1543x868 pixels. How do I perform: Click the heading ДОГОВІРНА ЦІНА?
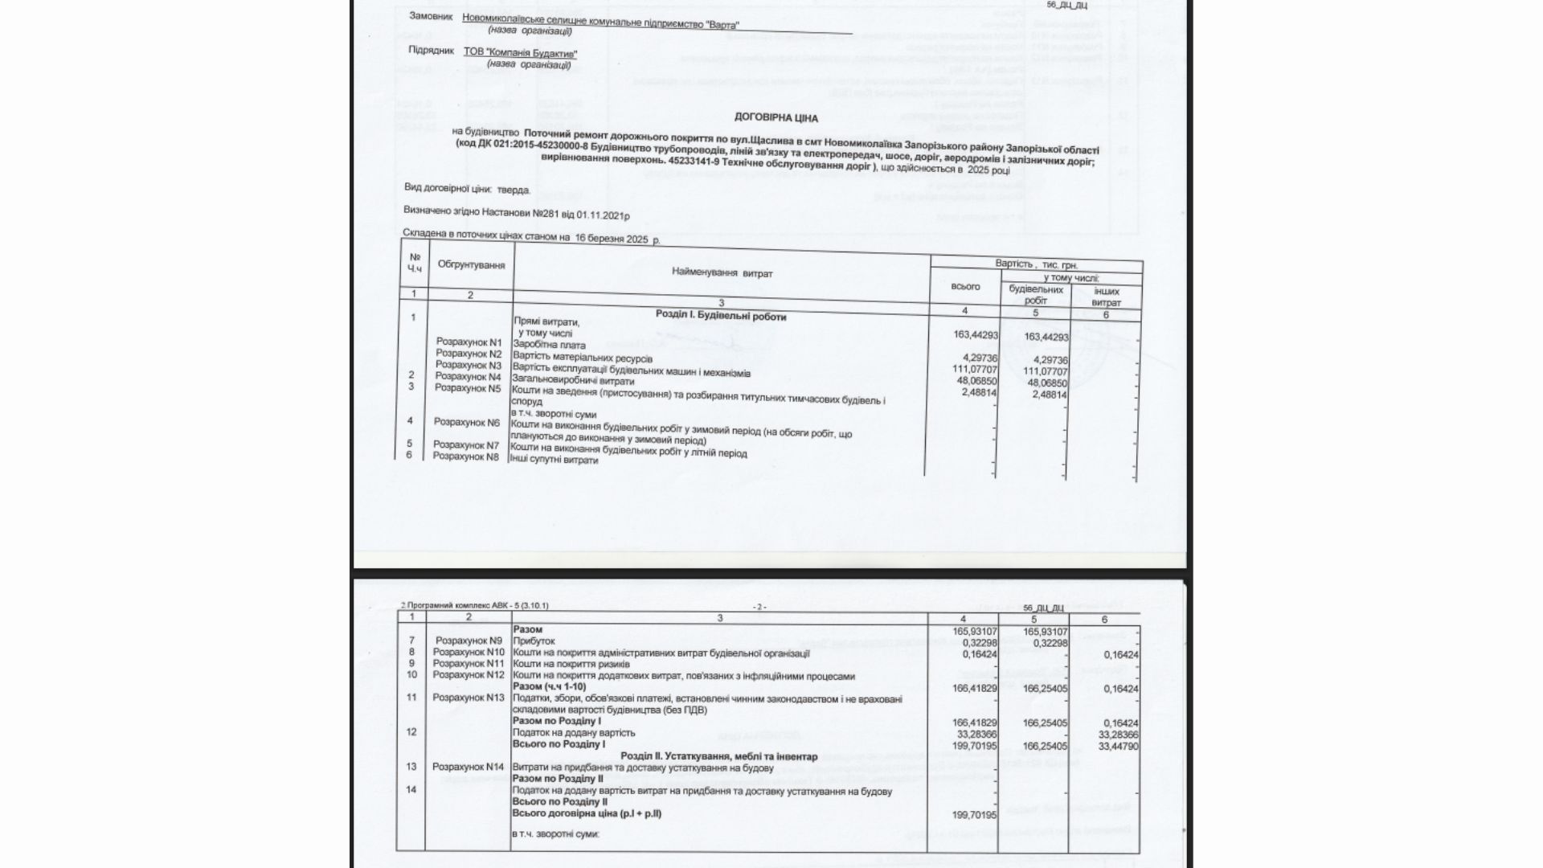coord(776,118)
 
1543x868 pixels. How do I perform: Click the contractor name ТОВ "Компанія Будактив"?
coord(520,52)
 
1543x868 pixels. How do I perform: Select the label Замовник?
coord(430,16)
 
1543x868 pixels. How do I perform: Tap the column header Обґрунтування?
coord(471,264)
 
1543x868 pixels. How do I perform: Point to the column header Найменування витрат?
coord(722,273)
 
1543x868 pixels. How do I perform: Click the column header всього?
coord(965,286)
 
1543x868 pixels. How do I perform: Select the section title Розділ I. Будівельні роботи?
coord(721,317)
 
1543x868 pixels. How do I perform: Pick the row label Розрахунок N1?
coord(469,342)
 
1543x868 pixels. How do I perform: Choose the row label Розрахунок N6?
coord(466,422)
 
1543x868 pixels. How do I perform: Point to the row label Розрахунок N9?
coord(468,641)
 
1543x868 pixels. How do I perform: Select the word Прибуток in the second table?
coord(534,641)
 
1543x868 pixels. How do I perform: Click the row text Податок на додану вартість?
coord(574,733)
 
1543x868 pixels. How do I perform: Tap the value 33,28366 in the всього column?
coord(974,734)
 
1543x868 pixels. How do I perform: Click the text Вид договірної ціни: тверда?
coord(467,190)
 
